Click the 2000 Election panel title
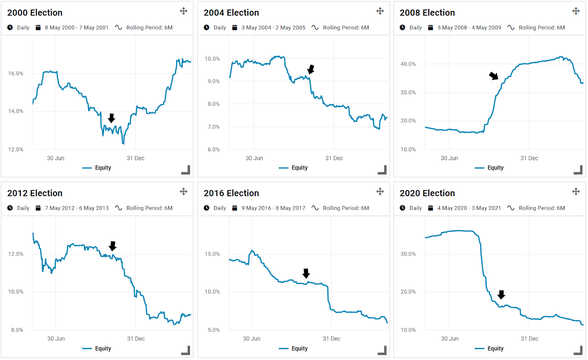coord(35,13)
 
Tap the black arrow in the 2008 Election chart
coord(494,76)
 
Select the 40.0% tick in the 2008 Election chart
coord(408,64)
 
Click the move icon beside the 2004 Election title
coord(380,11)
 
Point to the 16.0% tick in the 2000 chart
coord(16,73)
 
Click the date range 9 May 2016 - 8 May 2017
coord(273,208)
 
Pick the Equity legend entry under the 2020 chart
coord(495,349)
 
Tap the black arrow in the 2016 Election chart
coord(306,273)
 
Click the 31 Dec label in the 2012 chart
coord(136,339)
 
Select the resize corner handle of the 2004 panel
coord(382,170)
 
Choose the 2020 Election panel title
coord(427,193)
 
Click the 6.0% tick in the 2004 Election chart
coord(214,150)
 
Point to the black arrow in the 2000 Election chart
coord(112,118)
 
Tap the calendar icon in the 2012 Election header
coord(38,208)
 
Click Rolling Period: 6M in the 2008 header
coord(542,28)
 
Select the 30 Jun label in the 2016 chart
coord(252,339)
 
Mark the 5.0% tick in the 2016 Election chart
coord(214,330)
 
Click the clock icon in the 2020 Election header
coord(402,208)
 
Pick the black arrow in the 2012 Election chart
coord(113,246)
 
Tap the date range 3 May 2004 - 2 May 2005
coord(273,28)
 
